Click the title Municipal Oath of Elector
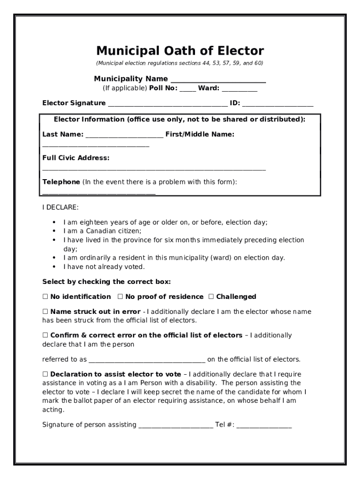click(180, 51)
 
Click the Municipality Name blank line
click(218, 80)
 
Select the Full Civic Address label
click(76, 158)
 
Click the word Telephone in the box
click(61, 181)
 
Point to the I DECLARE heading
click(61, 207)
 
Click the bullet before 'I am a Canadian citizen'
click(54, 231)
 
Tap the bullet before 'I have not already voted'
click(54, 267)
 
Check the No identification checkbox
click(45, 297)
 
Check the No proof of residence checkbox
click(120, 297)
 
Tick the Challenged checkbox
click(211, 297)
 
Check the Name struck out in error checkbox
click(45, 312)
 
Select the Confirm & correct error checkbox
click(45, 335)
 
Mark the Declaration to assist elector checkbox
click(45, 374)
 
